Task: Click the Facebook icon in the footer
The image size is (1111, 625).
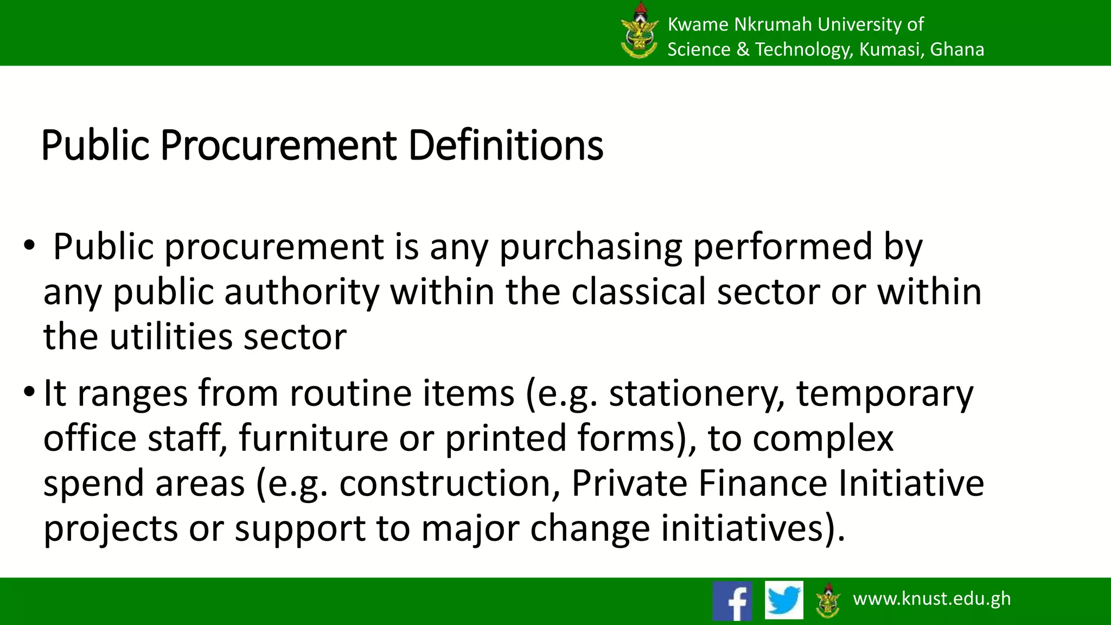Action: (x=732, y=601)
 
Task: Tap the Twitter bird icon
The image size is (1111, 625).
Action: (x=784, y=600)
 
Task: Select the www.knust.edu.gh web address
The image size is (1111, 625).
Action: (x=931, y=598)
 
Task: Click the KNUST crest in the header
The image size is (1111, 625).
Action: (x=639, y=31)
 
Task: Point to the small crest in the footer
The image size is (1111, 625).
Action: (x=828, y=600)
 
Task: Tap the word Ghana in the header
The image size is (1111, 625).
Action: (x=957, y=49)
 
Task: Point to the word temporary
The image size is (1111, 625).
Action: (x=884, y=394)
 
